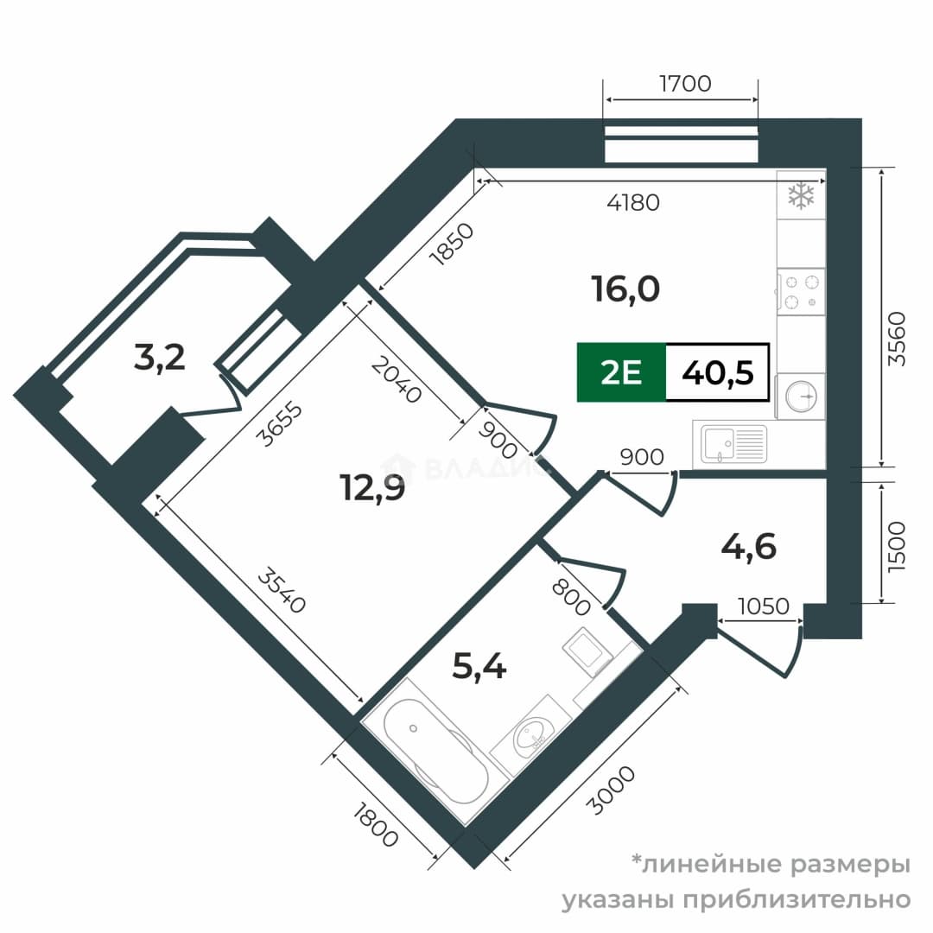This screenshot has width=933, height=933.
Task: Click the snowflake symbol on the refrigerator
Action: (801, 196)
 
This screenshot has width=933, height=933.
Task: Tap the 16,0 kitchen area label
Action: (625, 289)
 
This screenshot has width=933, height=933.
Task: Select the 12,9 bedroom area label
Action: (371, 487)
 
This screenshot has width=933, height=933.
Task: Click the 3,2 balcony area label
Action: (160, 359)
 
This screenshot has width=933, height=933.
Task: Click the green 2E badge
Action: (621, 373)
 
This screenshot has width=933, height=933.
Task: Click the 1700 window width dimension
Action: (685, 84)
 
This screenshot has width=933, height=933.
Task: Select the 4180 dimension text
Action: (633, 203)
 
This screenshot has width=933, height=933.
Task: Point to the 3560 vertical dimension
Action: (896, 339)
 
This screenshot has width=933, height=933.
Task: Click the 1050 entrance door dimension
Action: (764, 606)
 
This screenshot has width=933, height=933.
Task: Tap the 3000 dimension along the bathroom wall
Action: (611, 790)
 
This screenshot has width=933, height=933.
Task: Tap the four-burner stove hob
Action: (801, 292)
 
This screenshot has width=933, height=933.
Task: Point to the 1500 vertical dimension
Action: (896, 547)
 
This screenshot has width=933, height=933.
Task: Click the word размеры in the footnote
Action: (850, 865)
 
